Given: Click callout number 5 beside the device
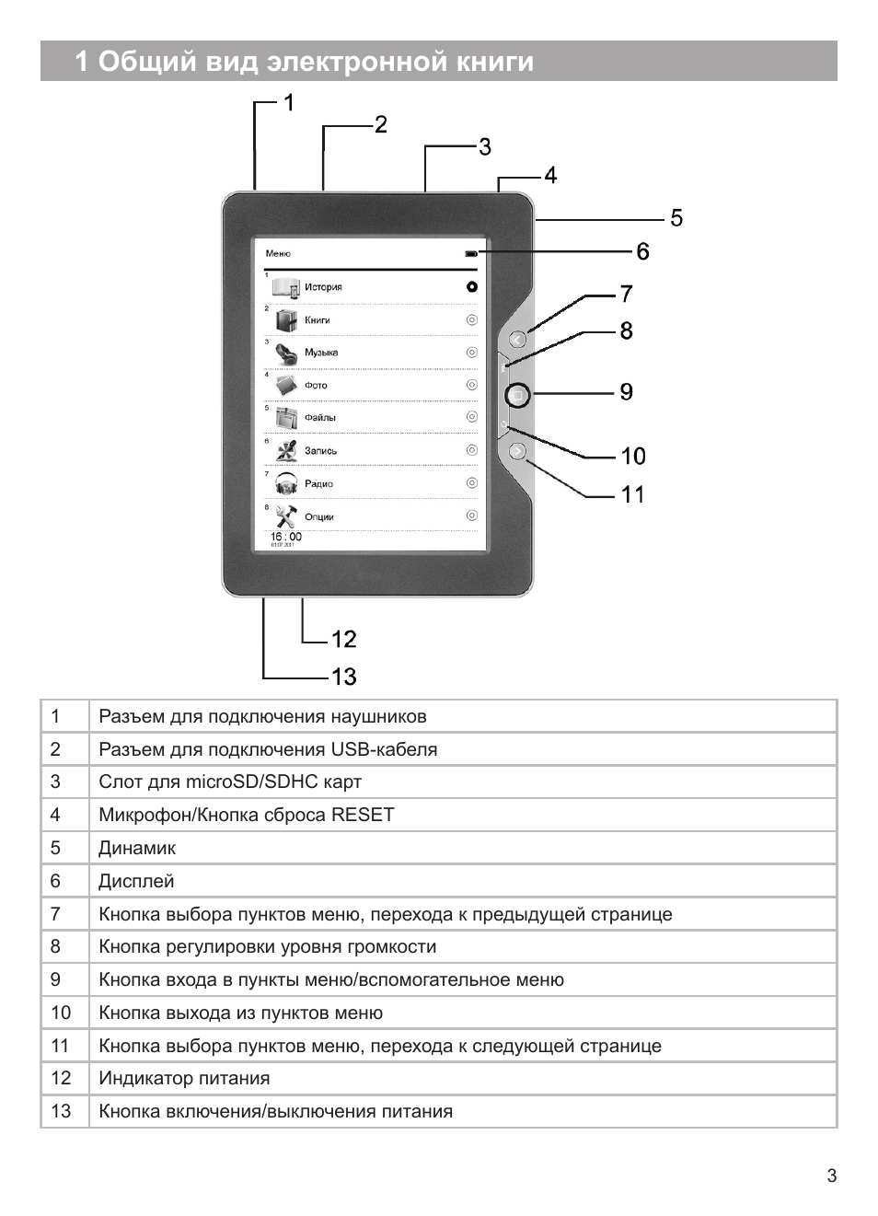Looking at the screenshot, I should click(x=676, y=218).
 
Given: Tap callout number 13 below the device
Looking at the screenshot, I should click(x=343, y=677).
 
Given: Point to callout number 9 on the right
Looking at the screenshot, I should click(x=626, y=392).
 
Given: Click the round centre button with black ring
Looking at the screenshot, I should click(x=517, y=395).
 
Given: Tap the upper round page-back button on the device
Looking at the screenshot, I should click(x=517, y=340).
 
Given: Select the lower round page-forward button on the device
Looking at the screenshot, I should click(x=517, y=451).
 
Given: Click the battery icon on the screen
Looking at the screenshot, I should click(x=471, y=253).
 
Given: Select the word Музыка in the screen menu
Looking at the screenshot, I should click(x=321, y=353).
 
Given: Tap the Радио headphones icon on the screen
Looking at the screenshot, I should click(x=286, y=482).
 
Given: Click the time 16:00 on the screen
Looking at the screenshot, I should click(x=285, y=537).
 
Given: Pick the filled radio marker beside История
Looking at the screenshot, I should click(x=472, y=287).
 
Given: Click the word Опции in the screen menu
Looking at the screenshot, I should click(x=319, y=516).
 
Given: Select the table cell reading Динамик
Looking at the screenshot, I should click(x=137, y=848).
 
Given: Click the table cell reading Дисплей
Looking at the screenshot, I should click(x=136, y=881).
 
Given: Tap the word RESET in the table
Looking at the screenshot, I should click(x=363, y=815).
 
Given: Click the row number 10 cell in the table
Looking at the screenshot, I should click(x=61, y=1013).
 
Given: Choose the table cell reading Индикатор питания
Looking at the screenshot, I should click(x=184, y=1078).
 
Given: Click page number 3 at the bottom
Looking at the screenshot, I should click(x=832, y=1175).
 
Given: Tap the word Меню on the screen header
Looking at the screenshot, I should click(x=278, y=253).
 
